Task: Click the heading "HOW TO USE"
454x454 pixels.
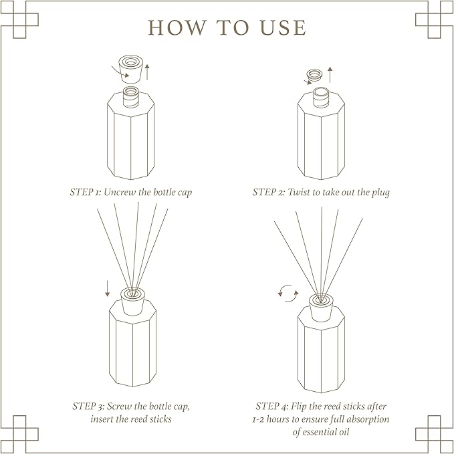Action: click(x=227, y=27)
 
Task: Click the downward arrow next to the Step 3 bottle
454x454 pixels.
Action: click(x=107, y=288)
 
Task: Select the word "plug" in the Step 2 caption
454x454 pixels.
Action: click(x=378, y=192)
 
